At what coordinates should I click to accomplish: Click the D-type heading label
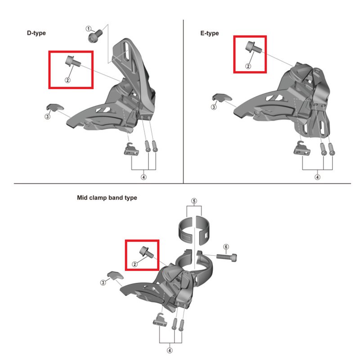click(36, 33)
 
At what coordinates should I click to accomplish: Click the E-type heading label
click(209, 33)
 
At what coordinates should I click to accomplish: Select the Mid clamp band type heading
click(107, 198)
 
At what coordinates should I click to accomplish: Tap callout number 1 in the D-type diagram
click(88, 29)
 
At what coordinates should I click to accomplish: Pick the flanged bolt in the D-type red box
click(73, 61)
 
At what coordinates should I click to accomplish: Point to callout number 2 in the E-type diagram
click(248, 66)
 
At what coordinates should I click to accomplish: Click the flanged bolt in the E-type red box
click(253, 47)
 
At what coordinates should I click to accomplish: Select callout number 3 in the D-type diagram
click(48, 117)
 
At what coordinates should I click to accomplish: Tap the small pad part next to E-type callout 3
click(221, 98)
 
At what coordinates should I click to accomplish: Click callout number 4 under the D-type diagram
click(144, 177)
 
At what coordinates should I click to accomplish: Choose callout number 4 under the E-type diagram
click(317, 177)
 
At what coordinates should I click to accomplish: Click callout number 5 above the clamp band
click(194, 201)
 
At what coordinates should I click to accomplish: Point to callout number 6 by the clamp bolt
click(226, 247)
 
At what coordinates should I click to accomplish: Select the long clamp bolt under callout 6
click(227, 257)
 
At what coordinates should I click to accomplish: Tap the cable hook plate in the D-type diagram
click(131, 149)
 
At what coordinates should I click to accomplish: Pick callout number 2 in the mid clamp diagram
click(135, 264)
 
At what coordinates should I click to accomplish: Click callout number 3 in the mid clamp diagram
click(103, 283)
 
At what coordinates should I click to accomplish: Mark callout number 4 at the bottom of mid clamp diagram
click(170, 351)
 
